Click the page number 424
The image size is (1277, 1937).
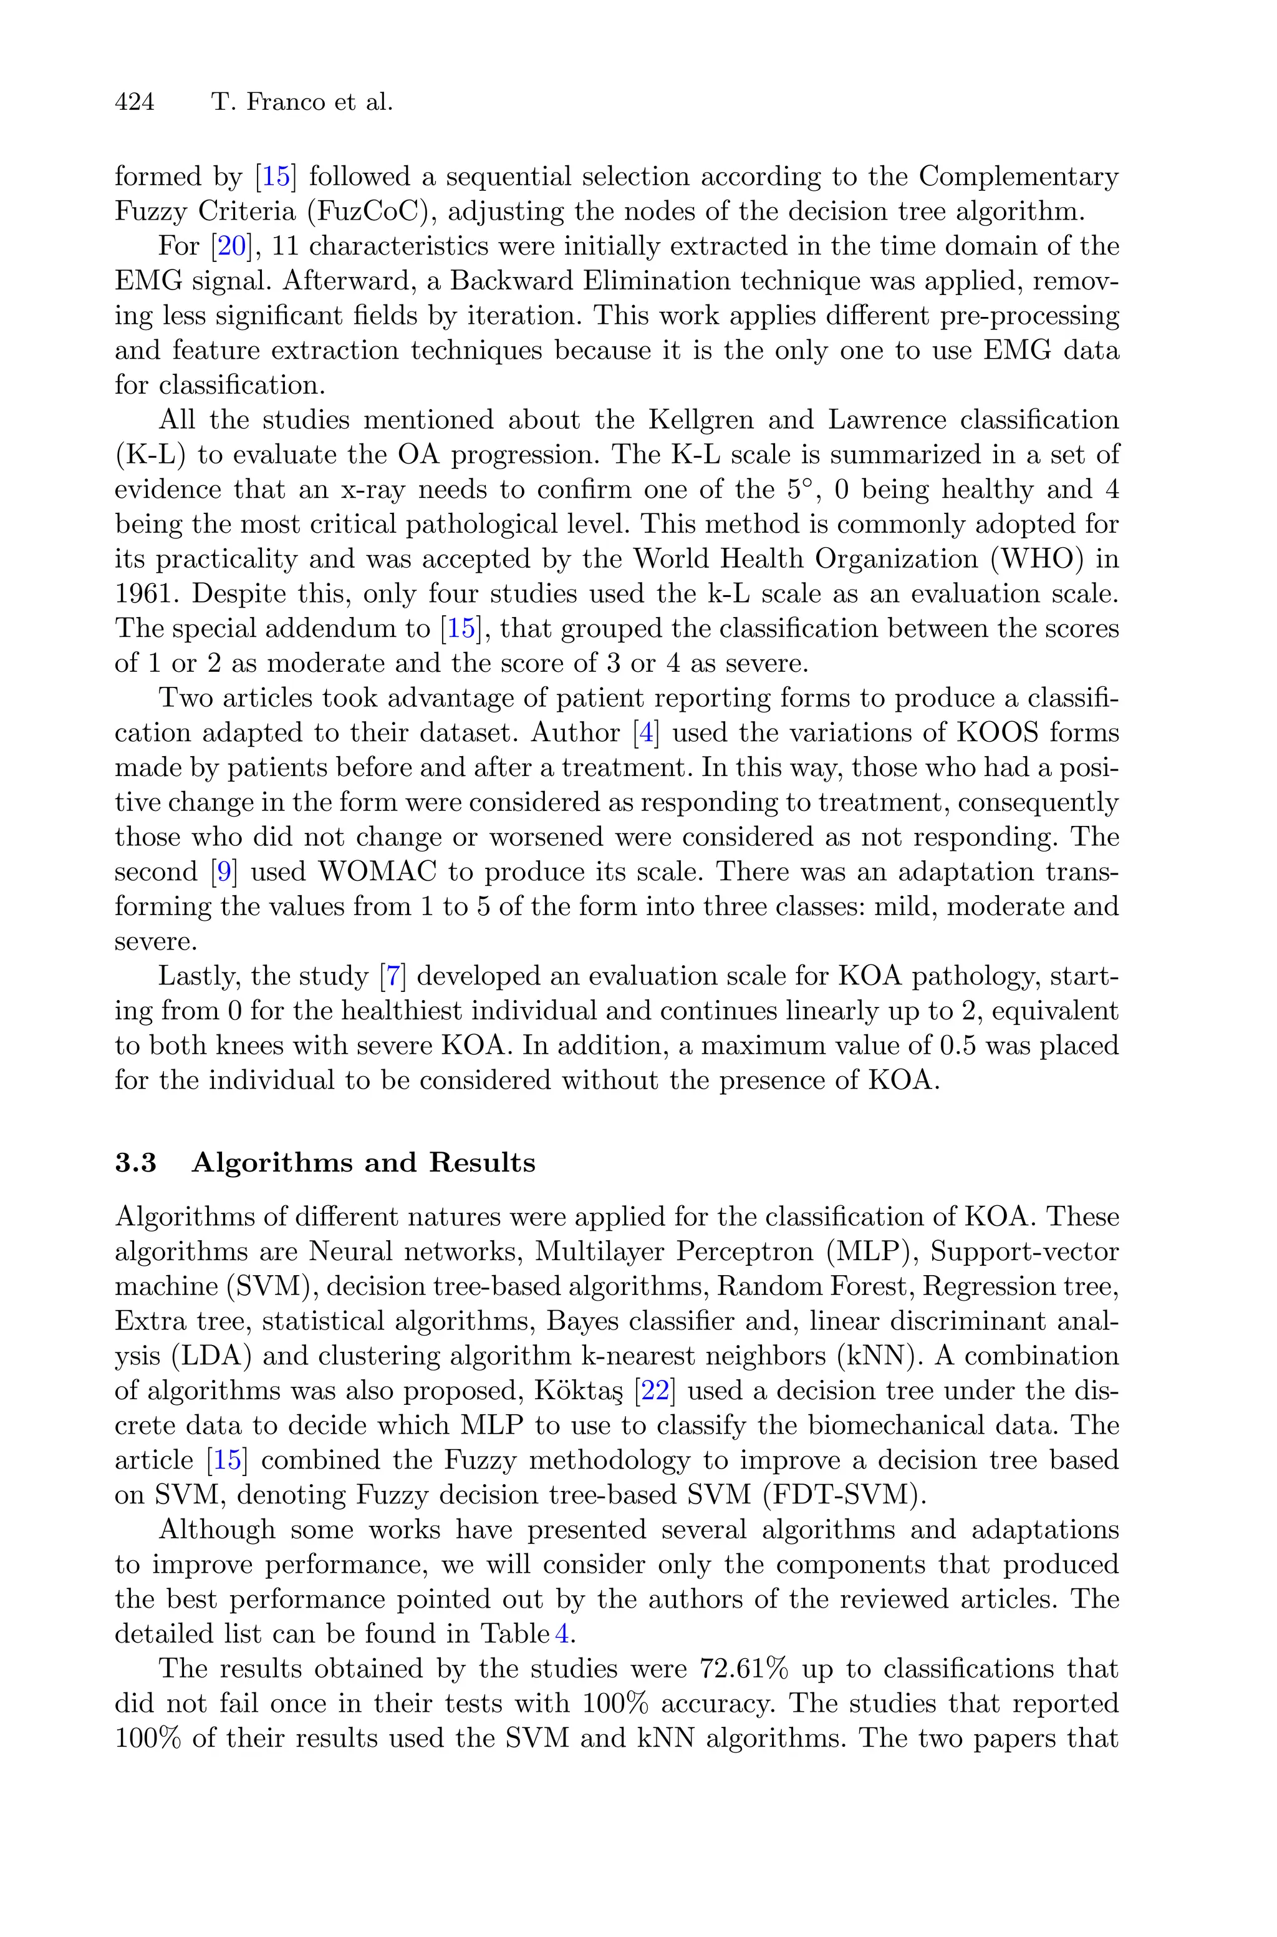click(x=135, y=103)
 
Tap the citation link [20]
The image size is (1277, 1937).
click(x=231, y=246)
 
